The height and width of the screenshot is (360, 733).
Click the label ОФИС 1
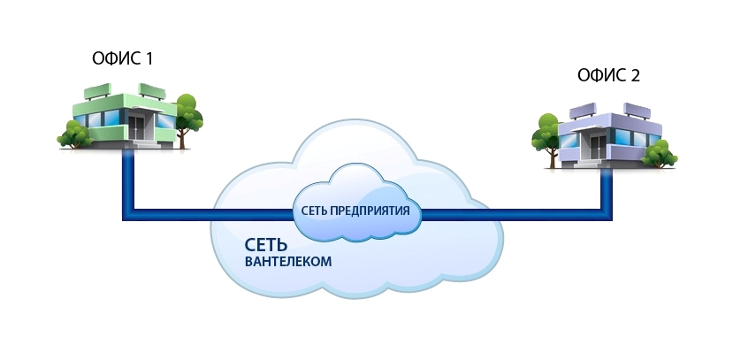(x=123, y=60)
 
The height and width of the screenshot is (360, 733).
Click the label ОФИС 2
(x=608, y=76)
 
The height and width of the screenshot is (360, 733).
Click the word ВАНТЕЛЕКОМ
(x=289, y=263)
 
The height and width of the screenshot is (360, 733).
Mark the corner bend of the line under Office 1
(x=128, y=213)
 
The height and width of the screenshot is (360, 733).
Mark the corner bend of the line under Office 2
(x=607, y=213)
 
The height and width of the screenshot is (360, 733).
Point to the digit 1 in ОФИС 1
(x=149, y=60)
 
